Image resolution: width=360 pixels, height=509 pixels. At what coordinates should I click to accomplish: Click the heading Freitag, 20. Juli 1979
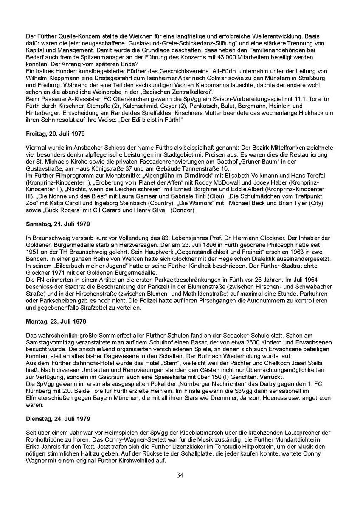[55, 134]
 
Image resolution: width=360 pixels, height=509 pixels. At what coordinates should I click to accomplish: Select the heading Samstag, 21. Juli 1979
[58, 223]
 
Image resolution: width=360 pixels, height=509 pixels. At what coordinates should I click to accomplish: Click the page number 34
[180, 475]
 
